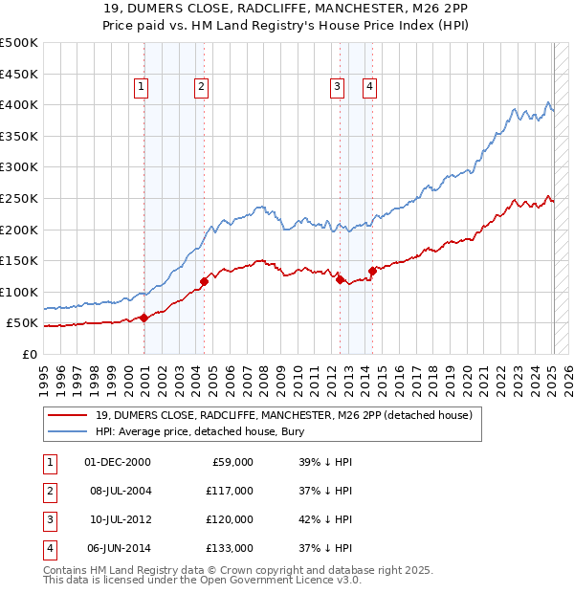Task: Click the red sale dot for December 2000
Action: tap(143, 318)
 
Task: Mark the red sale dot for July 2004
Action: tap(204, 281)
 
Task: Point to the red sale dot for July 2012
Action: tap(340, 279)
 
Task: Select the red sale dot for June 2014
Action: tap(372, 271)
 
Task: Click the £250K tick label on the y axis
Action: tap(19, 198)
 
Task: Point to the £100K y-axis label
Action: tap(19, 292)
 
